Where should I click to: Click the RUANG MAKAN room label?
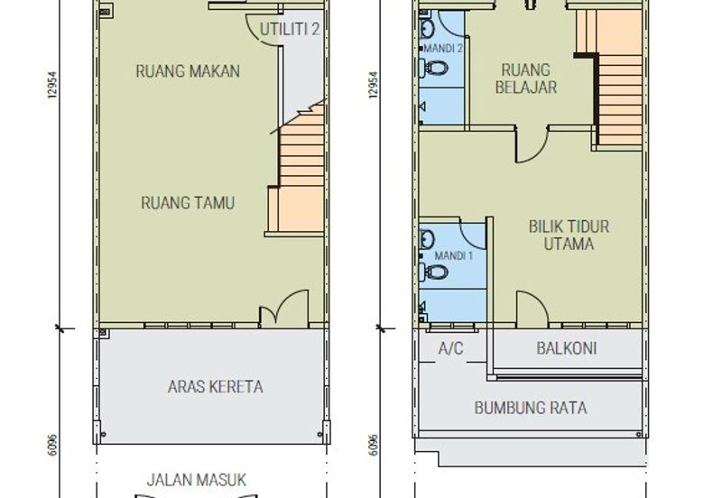click(x=188, y=71)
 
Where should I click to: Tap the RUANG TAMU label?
click(x=188, y=202)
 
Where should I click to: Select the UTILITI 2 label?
click(x=290, y=29)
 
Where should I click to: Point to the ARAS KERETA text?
click(x=216, y=386)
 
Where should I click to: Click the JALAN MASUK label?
click(x=197, y=480)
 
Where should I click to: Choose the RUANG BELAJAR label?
click(x=526, y=78)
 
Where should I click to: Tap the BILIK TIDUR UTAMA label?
click(x=569, y=235)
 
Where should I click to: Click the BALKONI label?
click(x=567, y=348)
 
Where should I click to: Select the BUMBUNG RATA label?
click(x=531, y=408)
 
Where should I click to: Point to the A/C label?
click(x=450, y=348)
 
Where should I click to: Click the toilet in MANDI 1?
click(x=433, y=272)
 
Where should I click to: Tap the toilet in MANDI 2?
click(x=433, y=69)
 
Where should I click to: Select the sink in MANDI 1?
click(x=426, y=239)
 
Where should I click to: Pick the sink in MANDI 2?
click(x=426, y=30)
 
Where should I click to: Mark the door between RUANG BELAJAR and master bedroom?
click(x=532, y=144)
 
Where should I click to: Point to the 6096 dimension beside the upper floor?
click(x=373, y=444)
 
